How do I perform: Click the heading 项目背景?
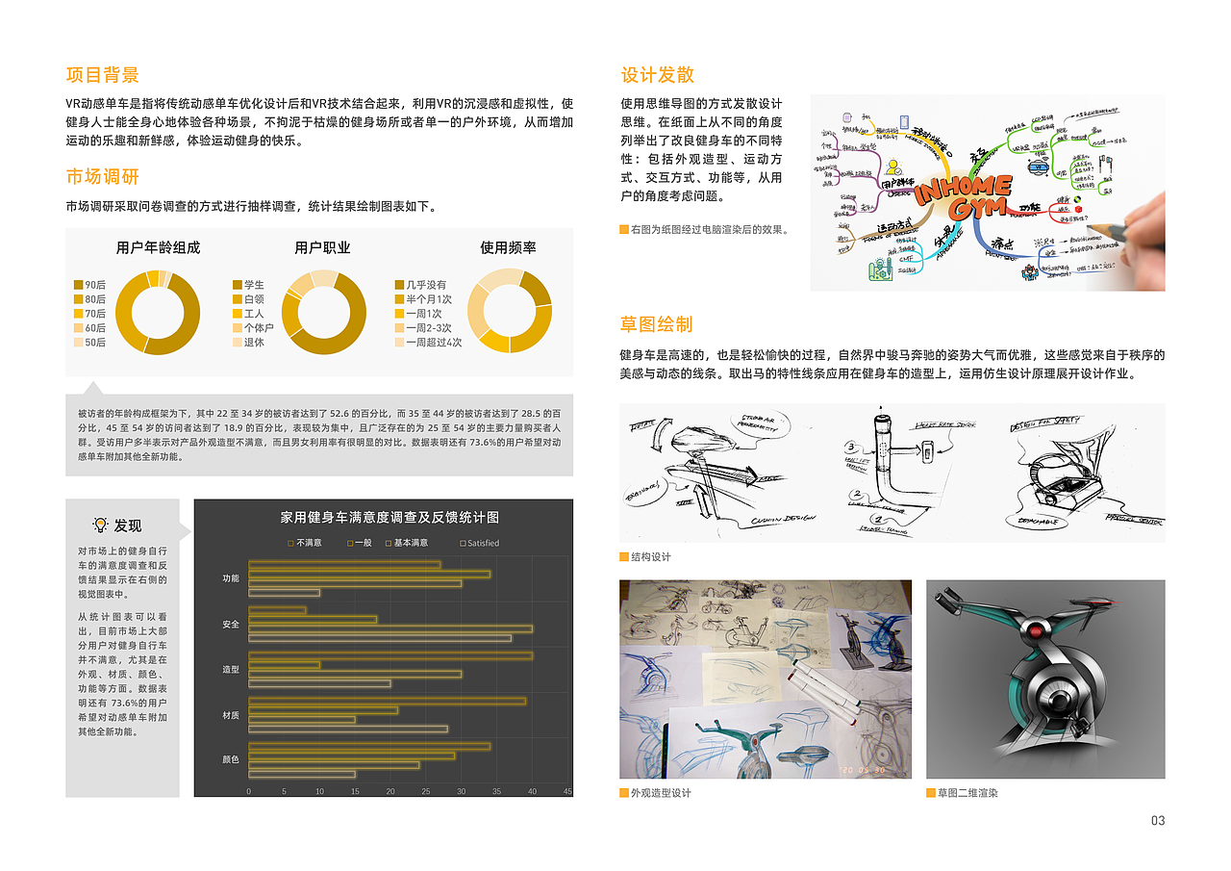coord(102,75)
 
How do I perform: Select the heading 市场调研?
coord(102,176)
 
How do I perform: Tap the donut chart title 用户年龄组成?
coord(158,247)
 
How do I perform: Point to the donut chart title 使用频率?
coord(508,247)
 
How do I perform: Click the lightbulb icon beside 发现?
coord(99,525)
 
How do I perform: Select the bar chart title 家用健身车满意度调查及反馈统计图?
coord(389,517)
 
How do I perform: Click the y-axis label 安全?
coord(231,625)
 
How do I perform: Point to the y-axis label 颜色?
coord(231,759)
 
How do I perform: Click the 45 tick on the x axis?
coord(567,791)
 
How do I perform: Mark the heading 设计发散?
coord(657,75)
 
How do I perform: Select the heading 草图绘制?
coord(657,324)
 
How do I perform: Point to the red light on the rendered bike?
coord(1034,630)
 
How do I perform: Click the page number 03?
coord(1157,820)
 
